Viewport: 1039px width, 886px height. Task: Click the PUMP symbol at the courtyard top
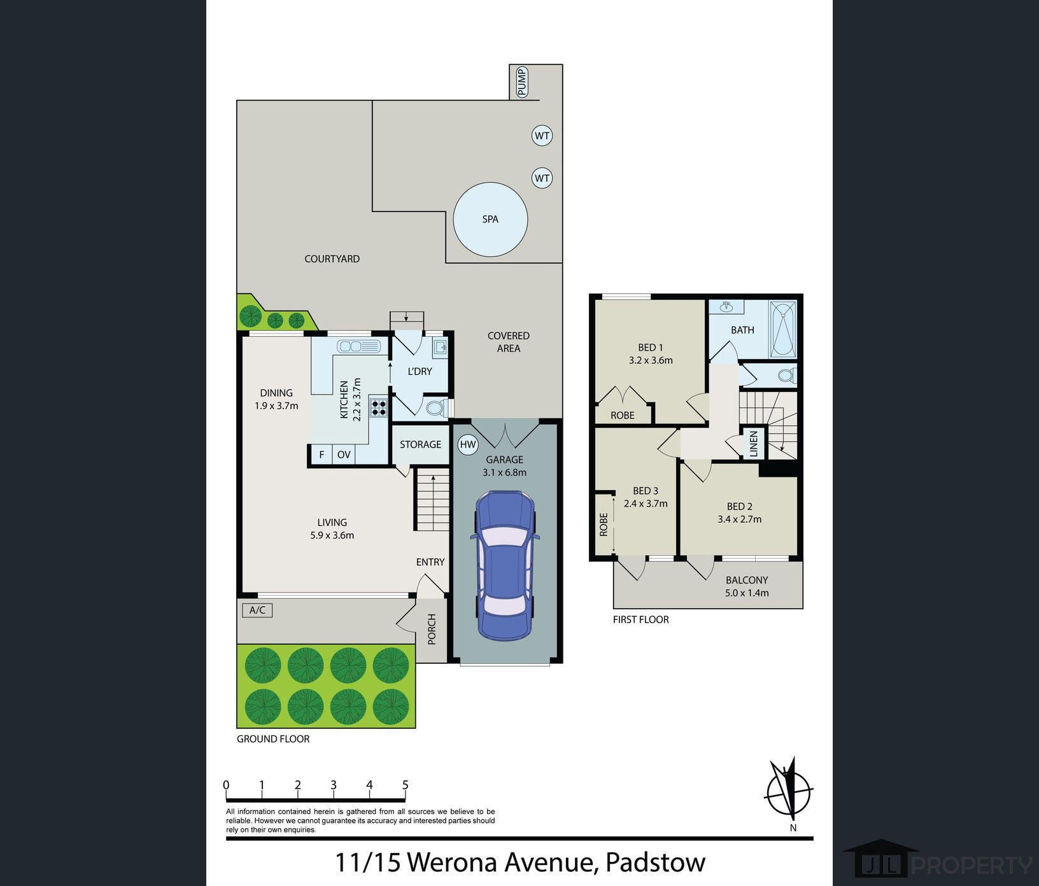pos(522,82)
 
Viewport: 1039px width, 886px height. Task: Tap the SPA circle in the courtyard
pos(490,220)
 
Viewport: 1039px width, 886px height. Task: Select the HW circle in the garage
pos(468,445)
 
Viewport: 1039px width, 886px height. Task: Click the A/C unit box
pos(257,610)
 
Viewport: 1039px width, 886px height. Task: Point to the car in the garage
pos(505,565)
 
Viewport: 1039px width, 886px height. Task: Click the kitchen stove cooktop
pos(379,407)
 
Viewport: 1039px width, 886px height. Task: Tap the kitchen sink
pos(359,346)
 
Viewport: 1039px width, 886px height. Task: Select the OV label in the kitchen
pos(344,454)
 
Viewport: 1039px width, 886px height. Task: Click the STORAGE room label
pos(420,444)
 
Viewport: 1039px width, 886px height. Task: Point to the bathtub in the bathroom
pos(782,330)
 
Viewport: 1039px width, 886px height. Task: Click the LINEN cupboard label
pos(754,444)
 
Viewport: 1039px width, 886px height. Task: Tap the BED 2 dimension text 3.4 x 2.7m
pos(739,519)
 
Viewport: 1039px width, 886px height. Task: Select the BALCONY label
pos(747,580)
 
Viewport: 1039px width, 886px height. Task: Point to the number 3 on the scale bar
pos(334,785)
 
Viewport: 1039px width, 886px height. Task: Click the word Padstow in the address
pos(655,862)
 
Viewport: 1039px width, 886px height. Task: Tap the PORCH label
pos(432,629)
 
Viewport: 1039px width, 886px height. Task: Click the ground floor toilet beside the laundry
pos(437,407)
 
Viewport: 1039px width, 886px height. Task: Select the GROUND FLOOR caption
pos(273,739)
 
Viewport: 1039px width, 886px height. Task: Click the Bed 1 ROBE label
pos(622,415)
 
